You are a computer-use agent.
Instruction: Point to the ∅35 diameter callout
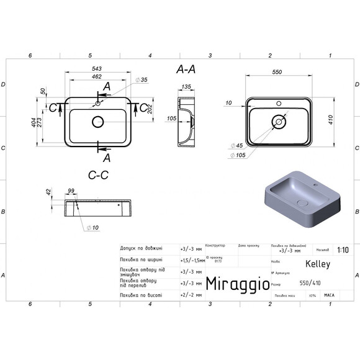142,80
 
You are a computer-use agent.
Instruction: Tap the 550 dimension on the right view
277,73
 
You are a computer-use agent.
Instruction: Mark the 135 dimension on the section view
186,87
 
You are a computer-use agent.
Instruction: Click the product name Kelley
318,264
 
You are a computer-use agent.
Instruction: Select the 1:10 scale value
343,250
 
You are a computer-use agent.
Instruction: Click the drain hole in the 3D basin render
304,204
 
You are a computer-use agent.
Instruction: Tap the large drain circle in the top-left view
98,122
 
